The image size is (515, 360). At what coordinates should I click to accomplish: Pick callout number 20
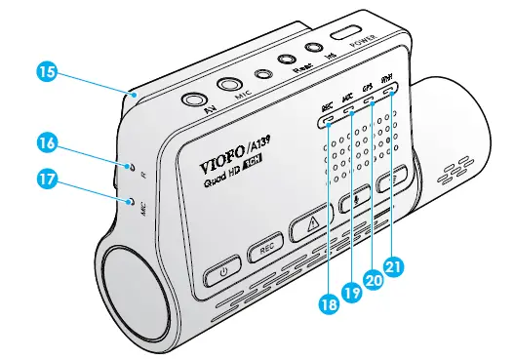373,277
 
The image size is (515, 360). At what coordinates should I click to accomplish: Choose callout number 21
394,263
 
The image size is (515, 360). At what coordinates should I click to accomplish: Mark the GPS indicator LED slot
371,101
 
